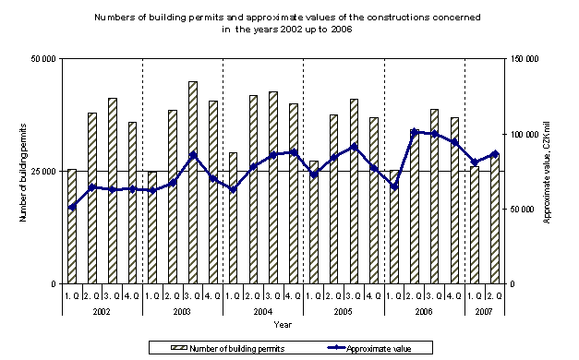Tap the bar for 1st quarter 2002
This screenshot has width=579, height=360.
[x=72, y=226]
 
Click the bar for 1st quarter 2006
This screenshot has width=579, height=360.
[x=394, y=227]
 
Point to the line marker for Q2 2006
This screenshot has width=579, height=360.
[x=415, y=131]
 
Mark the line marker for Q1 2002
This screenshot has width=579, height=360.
[x=72, y=207]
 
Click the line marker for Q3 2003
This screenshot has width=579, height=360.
[x=193, y=155]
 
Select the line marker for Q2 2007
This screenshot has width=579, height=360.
[x=495, y=154]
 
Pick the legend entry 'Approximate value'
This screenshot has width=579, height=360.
[x=378, y=348]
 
